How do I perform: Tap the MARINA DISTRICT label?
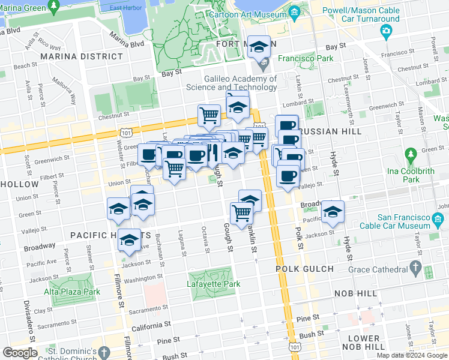click(x=81, y=56)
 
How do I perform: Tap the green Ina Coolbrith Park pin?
click(x=410, y=155)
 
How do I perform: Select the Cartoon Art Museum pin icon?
click(x=294, y=12)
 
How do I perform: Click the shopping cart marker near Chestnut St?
click(x=209, y=114)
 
